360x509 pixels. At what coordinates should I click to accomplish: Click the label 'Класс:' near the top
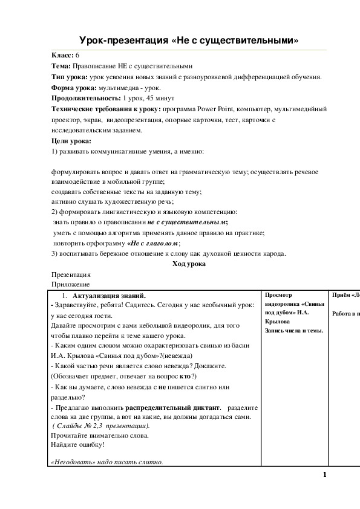(x=63, y=55)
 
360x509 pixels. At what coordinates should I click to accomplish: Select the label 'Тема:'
(x=62, y=66)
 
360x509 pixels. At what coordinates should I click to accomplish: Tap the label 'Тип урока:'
(x=70, y=77)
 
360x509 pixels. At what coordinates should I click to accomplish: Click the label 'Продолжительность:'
(x=86, y=99)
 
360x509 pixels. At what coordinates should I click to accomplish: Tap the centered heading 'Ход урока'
(x=189, y=264)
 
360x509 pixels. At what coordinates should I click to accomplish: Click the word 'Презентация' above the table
(x=71, y=274)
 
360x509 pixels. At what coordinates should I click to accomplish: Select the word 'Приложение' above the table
(x=71, y=285)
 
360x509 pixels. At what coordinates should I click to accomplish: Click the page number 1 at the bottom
(x=324, y=475)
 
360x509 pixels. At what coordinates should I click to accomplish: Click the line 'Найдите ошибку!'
(x=78, y=444)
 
